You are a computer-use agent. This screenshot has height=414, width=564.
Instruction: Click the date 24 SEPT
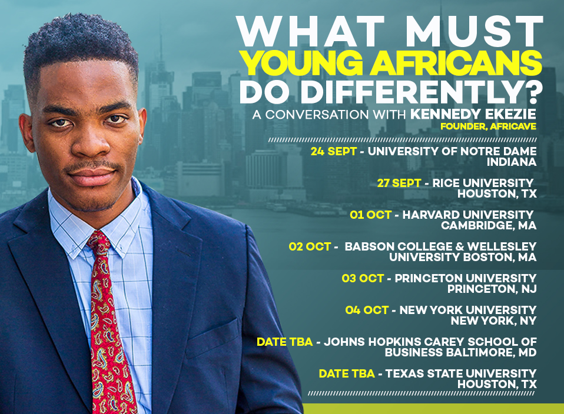pyautogui.click(x=333, y=151)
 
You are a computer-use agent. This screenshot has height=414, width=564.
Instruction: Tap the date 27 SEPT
pyautogui.click(x=399, y=183)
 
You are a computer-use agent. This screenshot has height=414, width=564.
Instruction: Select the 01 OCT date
pyautogui.click(x=370, y=215)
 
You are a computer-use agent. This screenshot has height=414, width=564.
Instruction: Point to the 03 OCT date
pyautogui.click(x=363, y=279)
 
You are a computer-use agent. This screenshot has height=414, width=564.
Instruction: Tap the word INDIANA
pyautogui.click(x=512, y=162)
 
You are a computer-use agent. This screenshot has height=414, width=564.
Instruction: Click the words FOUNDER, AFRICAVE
pyautogui.click(x=488, y=126)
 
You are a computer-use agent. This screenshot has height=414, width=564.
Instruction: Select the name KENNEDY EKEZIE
pyautogui.click(x=473, y=114)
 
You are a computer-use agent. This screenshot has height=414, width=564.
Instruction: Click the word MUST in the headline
pyautogui.click(x=474, y=32)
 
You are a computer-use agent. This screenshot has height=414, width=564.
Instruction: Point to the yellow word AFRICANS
pyautogui.click(x=456, y=64)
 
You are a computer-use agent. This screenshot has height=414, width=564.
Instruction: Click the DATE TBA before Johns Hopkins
pyautogui.click(x=284, y=342)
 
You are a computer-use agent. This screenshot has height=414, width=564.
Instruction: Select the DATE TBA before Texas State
pyautogui.click(x=347, y=374)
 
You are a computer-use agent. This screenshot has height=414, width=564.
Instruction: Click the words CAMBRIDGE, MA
pyautogui.click(x=489, y=226)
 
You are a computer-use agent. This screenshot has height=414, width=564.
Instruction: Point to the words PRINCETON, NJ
pyautogui.click(x=492, y=289)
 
